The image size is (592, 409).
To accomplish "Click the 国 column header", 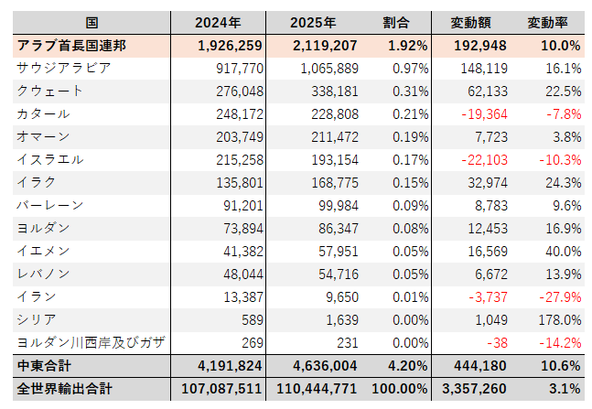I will [91, 22].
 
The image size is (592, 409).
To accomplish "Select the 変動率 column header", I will [551, 22].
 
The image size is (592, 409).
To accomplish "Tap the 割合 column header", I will [396, 22].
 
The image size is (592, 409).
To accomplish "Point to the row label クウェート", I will [50, 91].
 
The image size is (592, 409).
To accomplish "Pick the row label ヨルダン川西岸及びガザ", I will [91, 342].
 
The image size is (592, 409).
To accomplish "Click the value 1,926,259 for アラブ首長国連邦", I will [231, 45].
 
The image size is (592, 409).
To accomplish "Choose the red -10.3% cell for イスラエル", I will [557, 159].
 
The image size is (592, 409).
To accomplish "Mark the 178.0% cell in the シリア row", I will [558, 319].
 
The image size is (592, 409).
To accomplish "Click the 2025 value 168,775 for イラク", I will [331, 182].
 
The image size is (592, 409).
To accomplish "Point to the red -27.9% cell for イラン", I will [557, 296].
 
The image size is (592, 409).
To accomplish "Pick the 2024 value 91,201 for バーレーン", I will [242, 205].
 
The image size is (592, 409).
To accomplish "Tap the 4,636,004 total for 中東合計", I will [324, 366].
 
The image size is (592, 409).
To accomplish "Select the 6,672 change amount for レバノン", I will [478, 274].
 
